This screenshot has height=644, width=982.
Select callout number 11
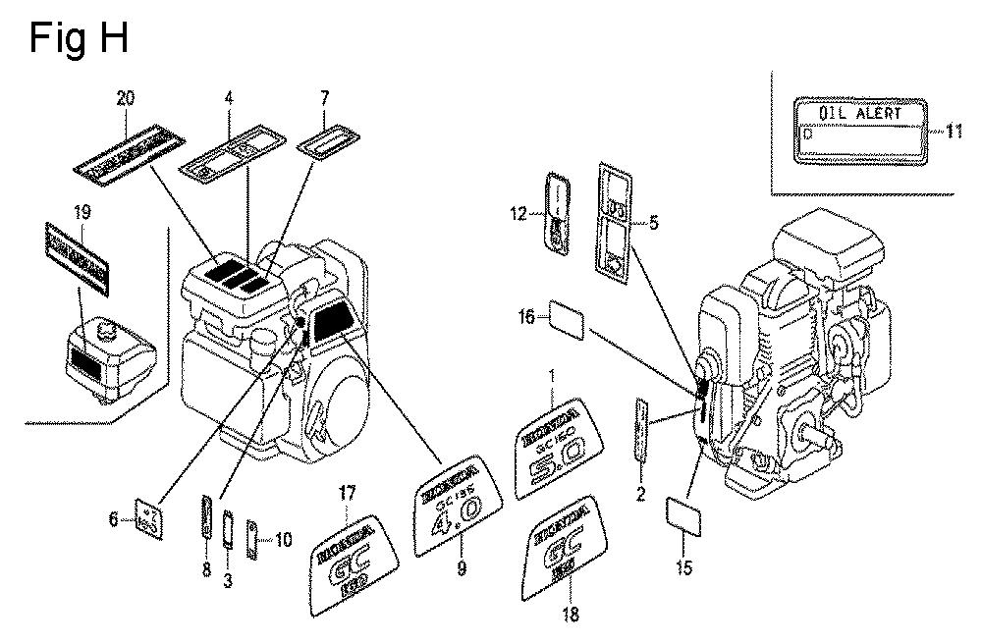point(955,132)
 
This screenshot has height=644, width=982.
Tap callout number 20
point(125,97)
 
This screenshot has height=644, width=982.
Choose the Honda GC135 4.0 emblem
point(457,504)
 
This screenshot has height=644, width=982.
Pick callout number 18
point(570,616)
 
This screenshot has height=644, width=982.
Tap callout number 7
point(325,97)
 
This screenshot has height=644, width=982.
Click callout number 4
point(229,97)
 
